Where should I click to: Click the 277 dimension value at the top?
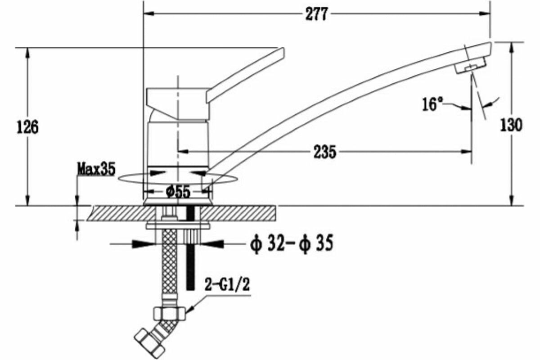(316, 14)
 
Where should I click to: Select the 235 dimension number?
(324, 152)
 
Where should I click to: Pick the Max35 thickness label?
(96, 170)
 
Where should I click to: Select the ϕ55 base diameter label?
(178, 192)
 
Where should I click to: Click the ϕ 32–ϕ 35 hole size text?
(291, 244)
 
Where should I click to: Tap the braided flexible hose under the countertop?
(168, 265)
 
